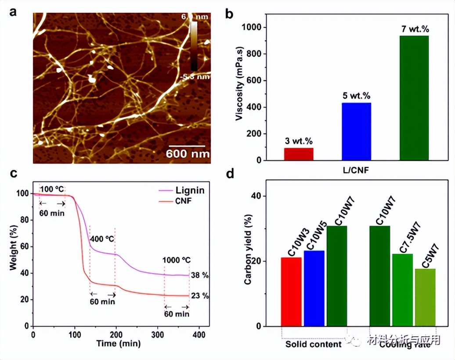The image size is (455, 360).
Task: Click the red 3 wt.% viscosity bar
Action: click(299, 154)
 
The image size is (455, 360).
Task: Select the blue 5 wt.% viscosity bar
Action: click(356, 131)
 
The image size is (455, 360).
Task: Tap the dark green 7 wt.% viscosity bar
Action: click(414, 98)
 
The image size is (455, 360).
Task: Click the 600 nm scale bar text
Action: click(188, 154)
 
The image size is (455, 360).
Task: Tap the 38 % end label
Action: click(200, 276)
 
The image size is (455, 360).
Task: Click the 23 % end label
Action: click(200, 295)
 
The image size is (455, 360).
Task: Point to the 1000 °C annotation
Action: click(177, 259)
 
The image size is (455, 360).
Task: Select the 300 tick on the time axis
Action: click(157, 335)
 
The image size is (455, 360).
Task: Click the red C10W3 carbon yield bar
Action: click(291, 292)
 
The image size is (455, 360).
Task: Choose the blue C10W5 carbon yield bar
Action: click(314, 288)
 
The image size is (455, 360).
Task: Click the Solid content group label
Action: click(313, 344)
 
